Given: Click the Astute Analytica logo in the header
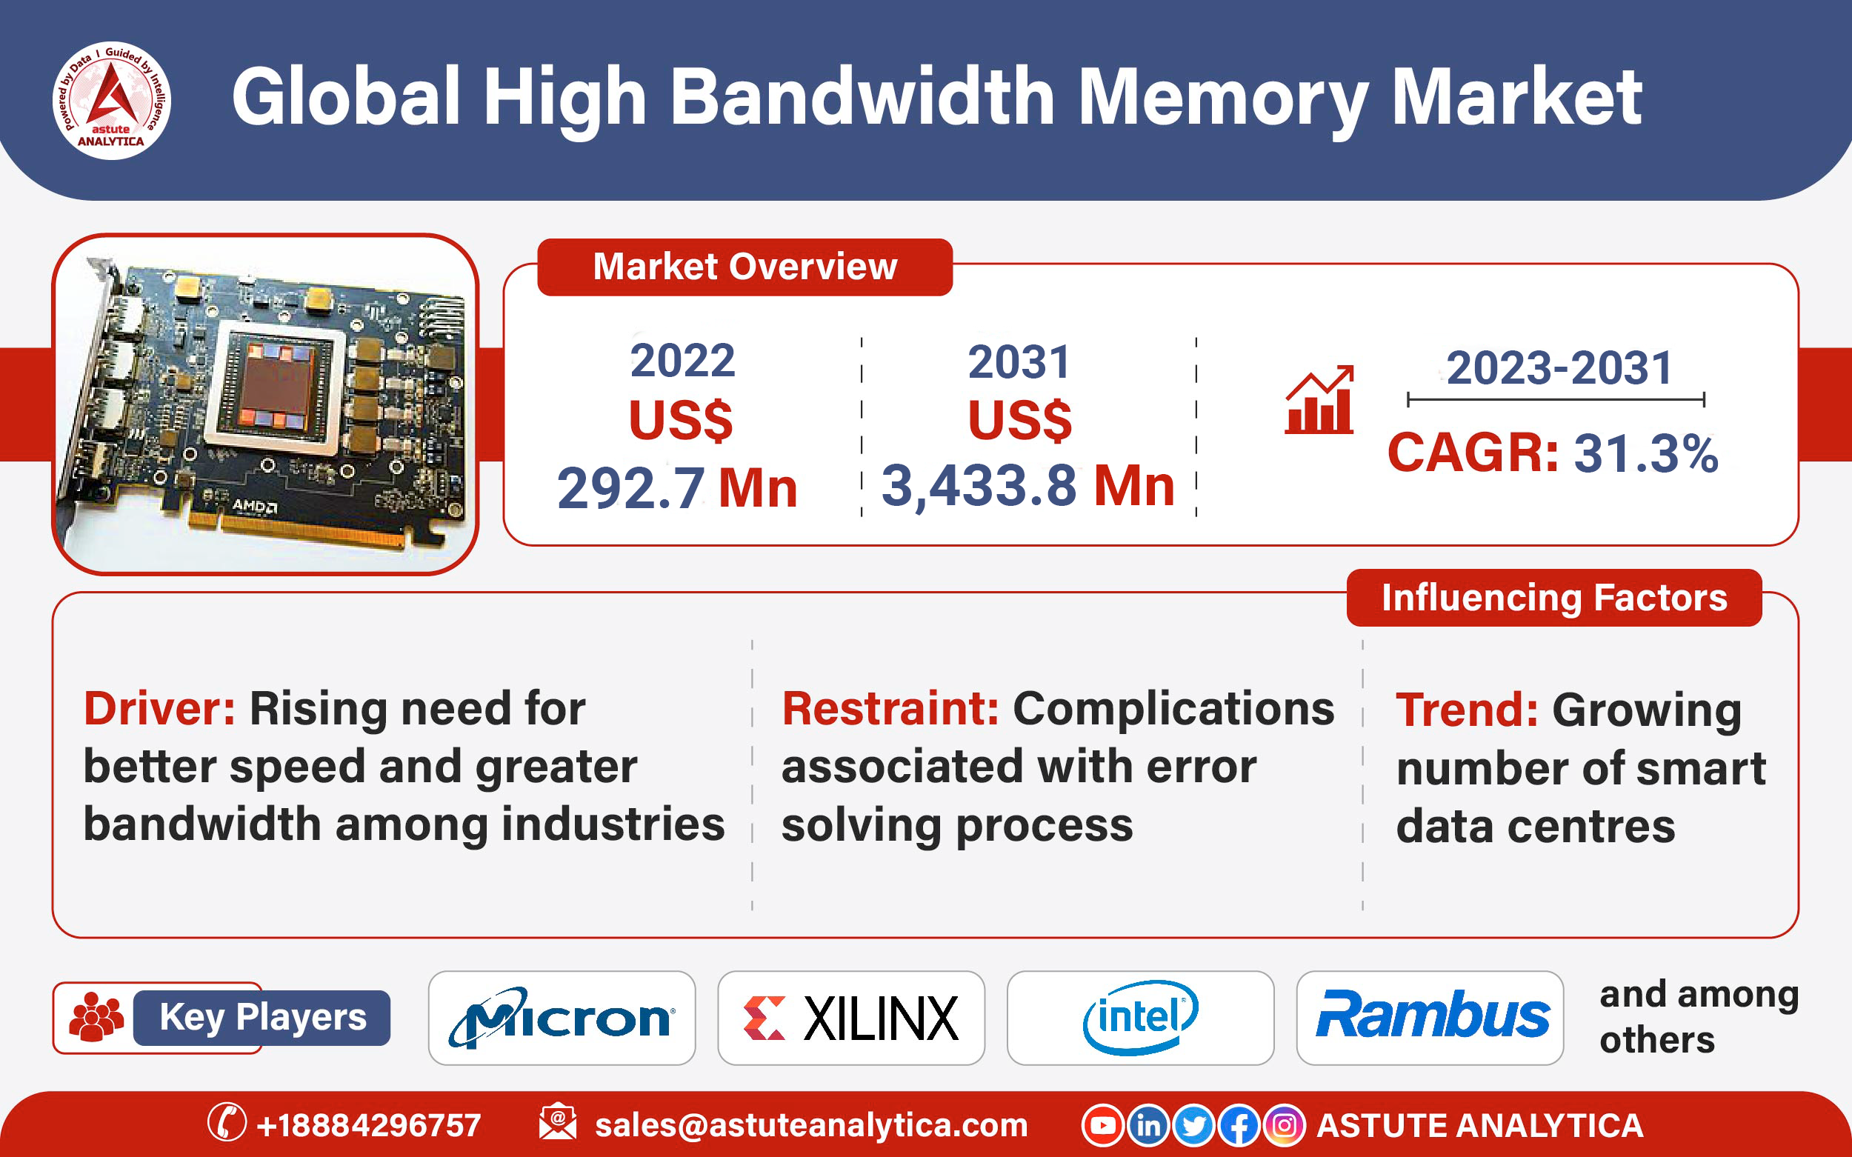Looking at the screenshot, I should (112, 100).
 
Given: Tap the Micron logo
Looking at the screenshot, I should (562, 1018).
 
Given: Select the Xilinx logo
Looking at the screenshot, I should (850, 1018).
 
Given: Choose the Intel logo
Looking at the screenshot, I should (1140, 1018).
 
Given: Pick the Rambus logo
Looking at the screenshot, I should (1430, 1016).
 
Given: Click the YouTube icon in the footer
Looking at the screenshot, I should (1102, 1126).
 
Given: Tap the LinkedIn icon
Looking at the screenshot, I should (1148, 1126).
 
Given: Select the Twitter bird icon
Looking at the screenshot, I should (1193, 1126).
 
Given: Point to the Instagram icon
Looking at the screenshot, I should (1284, 1126).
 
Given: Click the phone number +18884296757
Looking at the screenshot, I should (368, 1126).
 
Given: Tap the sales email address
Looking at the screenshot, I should (810, 1126).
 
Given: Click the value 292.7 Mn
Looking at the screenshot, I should (676, 488).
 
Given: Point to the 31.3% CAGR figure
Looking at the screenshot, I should (1645, 453).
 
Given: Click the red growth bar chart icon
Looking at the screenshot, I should (1319, 400).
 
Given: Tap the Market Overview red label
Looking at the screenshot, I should (745, 267).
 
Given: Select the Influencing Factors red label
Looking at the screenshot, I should (1553, 598).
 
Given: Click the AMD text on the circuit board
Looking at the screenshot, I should (255, 506).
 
